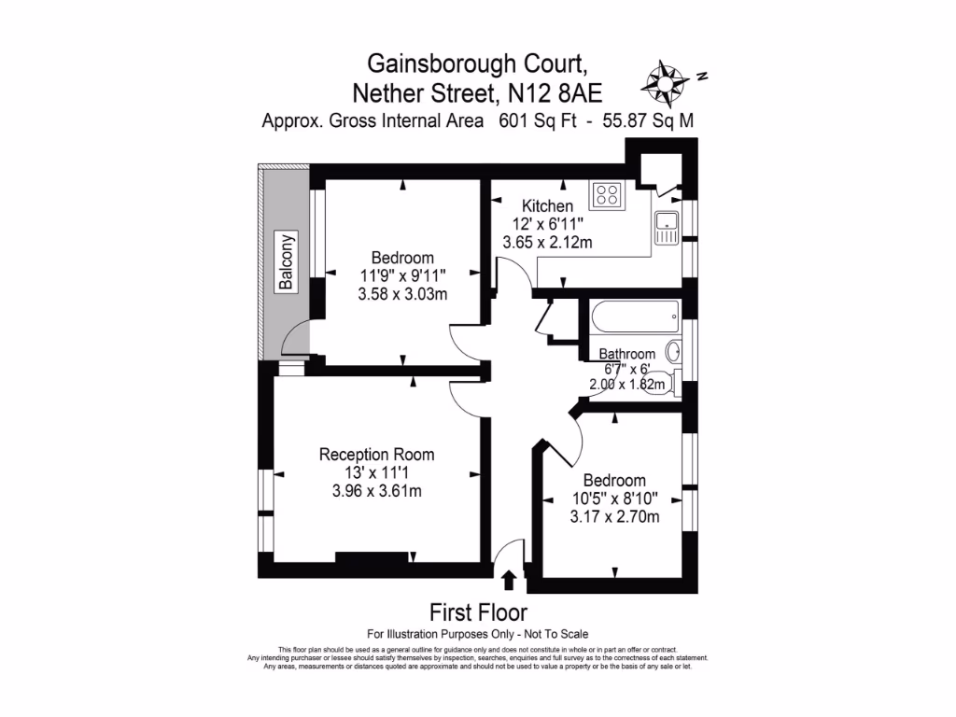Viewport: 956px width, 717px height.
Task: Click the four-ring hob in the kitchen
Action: pyautogui.click(x=608, y=195)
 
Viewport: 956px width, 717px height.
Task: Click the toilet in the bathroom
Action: pyautogui.click(x=658, y=382)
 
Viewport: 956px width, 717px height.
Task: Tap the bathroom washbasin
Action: pyautogui.click(x=674, y=352)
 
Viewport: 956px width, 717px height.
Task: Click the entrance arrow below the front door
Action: pyautogui.click(x=509, y=581)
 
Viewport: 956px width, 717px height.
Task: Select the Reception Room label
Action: pyautogui.click(x=377, y=455)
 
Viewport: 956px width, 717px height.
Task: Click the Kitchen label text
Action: pyautogui.click(x=547, y=206)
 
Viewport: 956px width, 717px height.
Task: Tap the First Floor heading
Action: pyautogui.click(x=478, y=612)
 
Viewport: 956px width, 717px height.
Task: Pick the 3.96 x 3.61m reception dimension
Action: pyautogui.click(x=377, y=492)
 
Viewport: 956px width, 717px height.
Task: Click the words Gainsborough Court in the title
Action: pyautogui.click(x=477, y=63)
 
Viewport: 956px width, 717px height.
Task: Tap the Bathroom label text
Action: pyautogui.click(x=626, y=354)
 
